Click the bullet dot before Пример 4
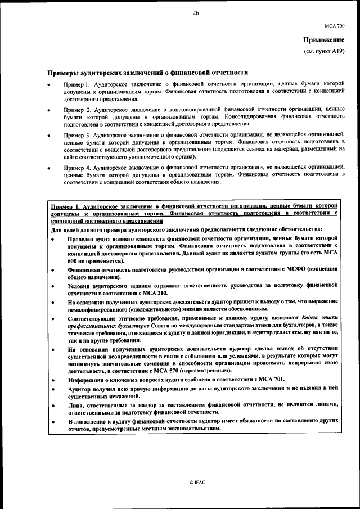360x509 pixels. coord(49,169)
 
